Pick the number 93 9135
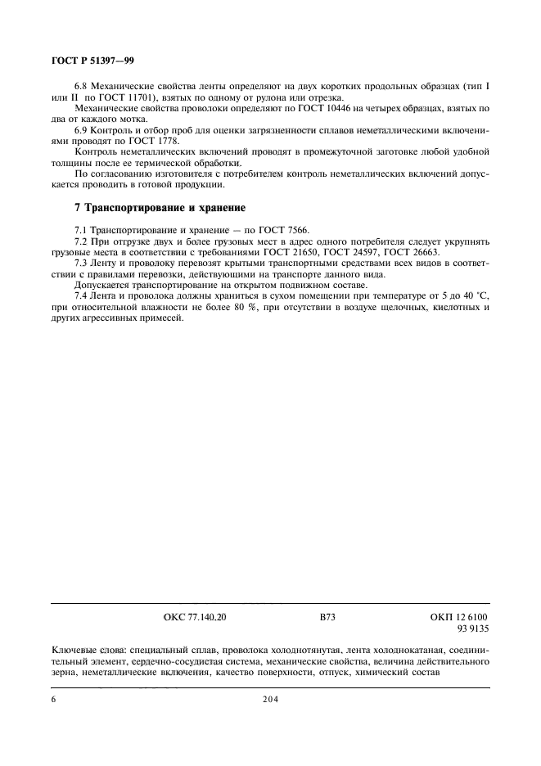point(472,629)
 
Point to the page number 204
point(271,701)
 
